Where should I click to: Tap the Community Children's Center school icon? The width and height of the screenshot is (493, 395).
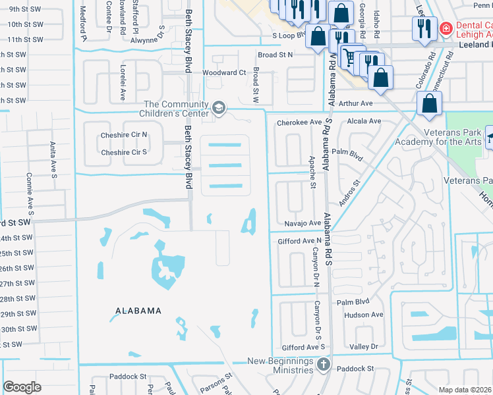tap(218, 107)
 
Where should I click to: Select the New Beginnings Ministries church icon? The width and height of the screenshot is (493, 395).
tap(322, 364)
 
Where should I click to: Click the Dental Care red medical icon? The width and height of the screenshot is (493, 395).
tap(446, 30)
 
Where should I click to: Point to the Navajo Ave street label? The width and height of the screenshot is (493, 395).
tap(303, 224)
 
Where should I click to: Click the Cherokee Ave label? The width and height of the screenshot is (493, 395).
tap(299, 122)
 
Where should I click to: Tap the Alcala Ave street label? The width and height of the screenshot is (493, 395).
tap(364, 121)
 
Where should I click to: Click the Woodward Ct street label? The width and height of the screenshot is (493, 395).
tap(224, 72)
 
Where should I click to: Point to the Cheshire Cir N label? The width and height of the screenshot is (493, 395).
tap(124, 135)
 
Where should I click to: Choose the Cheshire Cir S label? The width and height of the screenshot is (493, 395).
tap(123, 152)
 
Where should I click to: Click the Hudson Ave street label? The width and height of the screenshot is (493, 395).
tap(363, 315)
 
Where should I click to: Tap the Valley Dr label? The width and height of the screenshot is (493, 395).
tap(364, 346)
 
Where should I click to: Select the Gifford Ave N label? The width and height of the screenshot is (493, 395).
tap(300, 241)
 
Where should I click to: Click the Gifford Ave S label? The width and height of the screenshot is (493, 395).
tap(304, 347)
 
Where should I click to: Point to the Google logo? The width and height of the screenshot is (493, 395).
tap(22, 386)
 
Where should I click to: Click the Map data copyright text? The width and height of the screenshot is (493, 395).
tap(465, 390)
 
